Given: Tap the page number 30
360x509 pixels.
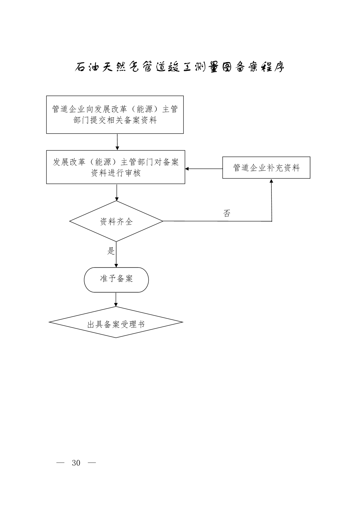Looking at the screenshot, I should (76, 463).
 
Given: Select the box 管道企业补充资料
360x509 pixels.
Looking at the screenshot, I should (266, 168).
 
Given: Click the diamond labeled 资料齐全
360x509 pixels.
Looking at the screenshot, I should (116, 222).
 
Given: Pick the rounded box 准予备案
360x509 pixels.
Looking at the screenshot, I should (116, 280).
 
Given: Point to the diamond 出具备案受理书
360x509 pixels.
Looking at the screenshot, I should (116, 322).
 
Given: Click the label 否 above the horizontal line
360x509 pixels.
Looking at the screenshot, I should (227, 213).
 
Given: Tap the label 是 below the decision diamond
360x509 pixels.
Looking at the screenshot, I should (111, 251).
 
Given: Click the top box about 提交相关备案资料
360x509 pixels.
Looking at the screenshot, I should (115, 115).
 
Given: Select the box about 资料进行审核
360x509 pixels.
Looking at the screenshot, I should (116, 167).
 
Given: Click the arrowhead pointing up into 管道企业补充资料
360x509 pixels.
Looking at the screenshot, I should (271, 181).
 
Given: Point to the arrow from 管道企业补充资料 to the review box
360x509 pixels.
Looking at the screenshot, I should (204, 169).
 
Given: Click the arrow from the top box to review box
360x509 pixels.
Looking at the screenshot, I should (117, 142).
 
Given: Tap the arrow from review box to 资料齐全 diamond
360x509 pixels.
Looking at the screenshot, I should (117, 192).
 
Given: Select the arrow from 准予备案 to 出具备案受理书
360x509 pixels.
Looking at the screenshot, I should (116, 299).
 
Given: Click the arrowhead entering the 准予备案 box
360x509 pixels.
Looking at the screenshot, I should (116, 265).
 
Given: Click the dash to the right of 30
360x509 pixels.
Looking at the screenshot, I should (92, 463).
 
